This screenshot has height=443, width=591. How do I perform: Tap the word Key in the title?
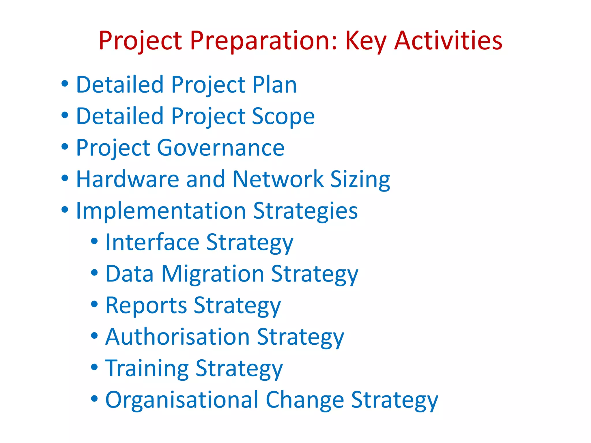(x=366, y=41)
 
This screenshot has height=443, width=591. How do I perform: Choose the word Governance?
(x=221, y=148)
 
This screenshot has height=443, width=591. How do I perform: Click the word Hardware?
(x=128, y=179)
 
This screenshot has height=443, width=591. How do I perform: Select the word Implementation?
(x=161, y=211)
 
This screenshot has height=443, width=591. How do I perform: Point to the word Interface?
(x=152, y=242)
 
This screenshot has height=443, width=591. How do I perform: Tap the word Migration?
(x=213, y=274)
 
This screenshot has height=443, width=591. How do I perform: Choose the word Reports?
(x=146, y=305)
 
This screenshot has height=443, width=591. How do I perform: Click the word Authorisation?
(x=177, y=337)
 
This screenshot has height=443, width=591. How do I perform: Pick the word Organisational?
(x=182, y=400)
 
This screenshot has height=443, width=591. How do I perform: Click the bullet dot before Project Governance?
(x=65, y=147)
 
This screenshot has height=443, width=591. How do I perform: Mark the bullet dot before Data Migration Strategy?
(x=94, y=272)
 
